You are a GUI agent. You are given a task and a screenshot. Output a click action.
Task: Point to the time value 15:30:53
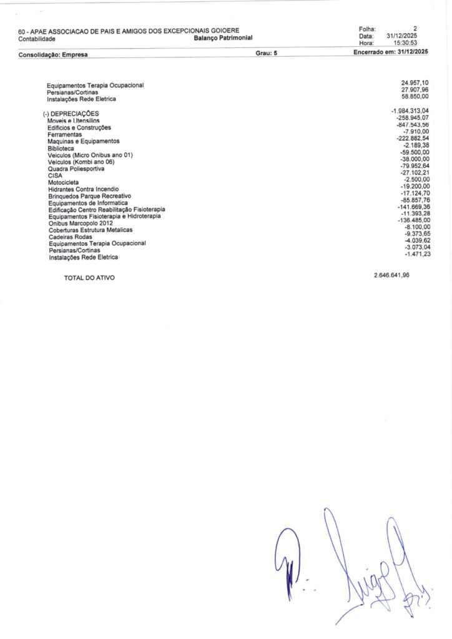click(405, 43)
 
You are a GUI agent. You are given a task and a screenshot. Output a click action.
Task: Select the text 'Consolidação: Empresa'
click(53, 55)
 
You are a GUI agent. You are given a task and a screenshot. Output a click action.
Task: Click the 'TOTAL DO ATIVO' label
click(89, 278)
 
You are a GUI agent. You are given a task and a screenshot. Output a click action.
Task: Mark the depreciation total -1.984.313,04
click(410, 111)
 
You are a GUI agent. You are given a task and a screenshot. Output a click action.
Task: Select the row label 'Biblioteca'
click(61, 149)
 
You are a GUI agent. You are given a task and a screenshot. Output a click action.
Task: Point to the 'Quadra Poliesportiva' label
click(76, 168)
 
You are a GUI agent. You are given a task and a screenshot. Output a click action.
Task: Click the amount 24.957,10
click(415, 83)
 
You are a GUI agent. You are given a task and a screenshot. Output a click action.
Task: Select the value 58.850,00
click(415, 97)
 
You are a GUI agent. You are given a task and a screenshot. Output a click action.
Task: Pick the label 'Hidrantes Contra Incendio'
click(83, 189)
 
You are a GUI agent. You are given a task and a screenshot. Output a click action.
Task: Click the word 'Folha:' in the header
click(368, 29)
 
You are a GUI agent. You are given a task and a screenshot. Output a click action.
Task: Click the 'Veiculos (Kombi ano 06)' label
click(81, 162)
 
